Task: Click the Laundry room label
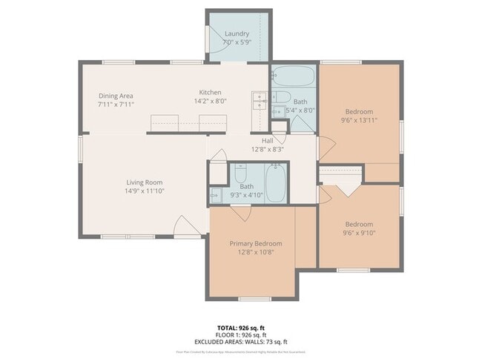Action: [237, 33]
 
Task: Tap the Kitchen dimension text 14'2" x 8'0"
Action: [205, 101]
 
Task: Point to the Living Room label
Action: [144, 182]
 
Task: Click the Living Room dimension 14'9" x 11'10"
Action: [144, 191]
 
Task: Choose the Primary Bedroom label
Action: [256, 243]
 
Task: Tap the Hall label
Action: [268, 140]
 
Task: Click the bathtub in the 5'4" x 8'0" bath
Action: [293, 77]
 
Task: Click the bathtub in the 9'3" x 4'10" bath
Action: [276, 184]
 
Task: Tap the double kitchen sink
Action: [260, 100]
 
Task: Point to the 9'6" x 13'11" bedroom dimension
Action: [359, 120]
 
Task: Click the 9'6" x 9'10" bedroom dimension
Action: [359, 232]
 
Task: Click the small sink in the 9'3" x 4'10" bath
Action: [216, 196]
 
